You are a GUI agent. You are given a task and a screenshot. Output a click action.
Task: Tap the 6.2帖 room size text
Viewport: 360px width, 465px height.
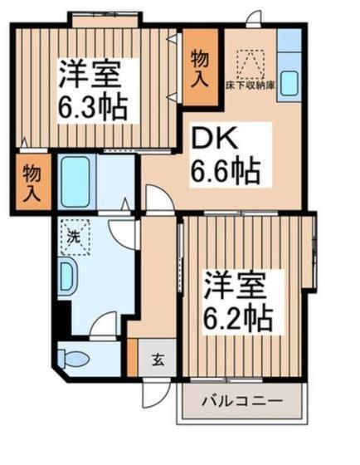click(x=238, y=316)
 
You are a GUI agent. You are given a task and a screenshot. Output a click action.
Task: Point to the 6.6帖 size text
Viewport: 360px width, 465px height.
click(x=226, y=173)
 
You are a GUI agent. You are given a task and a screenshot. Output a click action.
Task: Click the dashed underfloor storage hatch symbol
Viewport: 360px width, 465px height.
click(x=250, y=62)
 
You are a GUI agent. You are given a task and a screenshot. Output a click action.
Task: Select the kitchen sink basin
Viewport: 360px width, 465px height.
click(x=290, y=84)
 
